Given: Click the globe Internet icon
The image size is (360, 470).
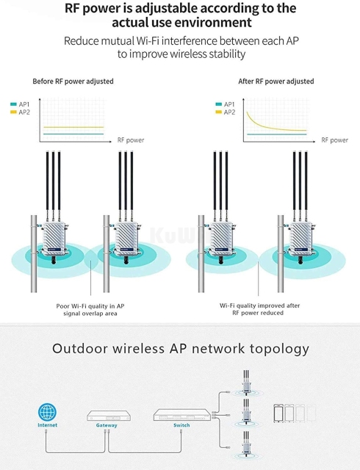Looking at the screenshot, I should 47,413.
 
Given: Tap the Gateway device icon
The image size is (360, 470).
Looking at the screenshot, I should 107,415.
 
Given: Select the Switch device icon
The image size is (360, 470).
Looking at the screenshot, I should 181,415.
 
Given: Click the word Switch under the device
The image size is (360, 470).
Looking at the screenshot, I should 181,425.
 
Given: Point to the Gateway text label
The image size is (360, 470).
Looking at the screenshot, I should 107,425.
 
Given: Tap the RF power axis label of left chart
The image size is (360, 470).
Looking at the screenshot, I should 130,140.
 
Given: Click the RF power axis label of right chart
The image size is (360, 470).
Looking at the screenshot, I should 334,140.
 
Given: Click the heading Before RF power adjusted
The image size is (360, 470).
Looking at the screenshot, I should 73,82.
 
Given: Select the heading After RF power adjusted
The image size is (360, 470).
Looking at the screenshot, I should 276,82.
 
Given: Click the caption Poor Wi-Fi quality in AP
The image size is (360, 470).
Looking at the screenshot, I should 90,305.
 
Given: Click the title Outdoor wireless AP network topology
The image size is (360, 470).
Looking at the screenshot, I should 180,348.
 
